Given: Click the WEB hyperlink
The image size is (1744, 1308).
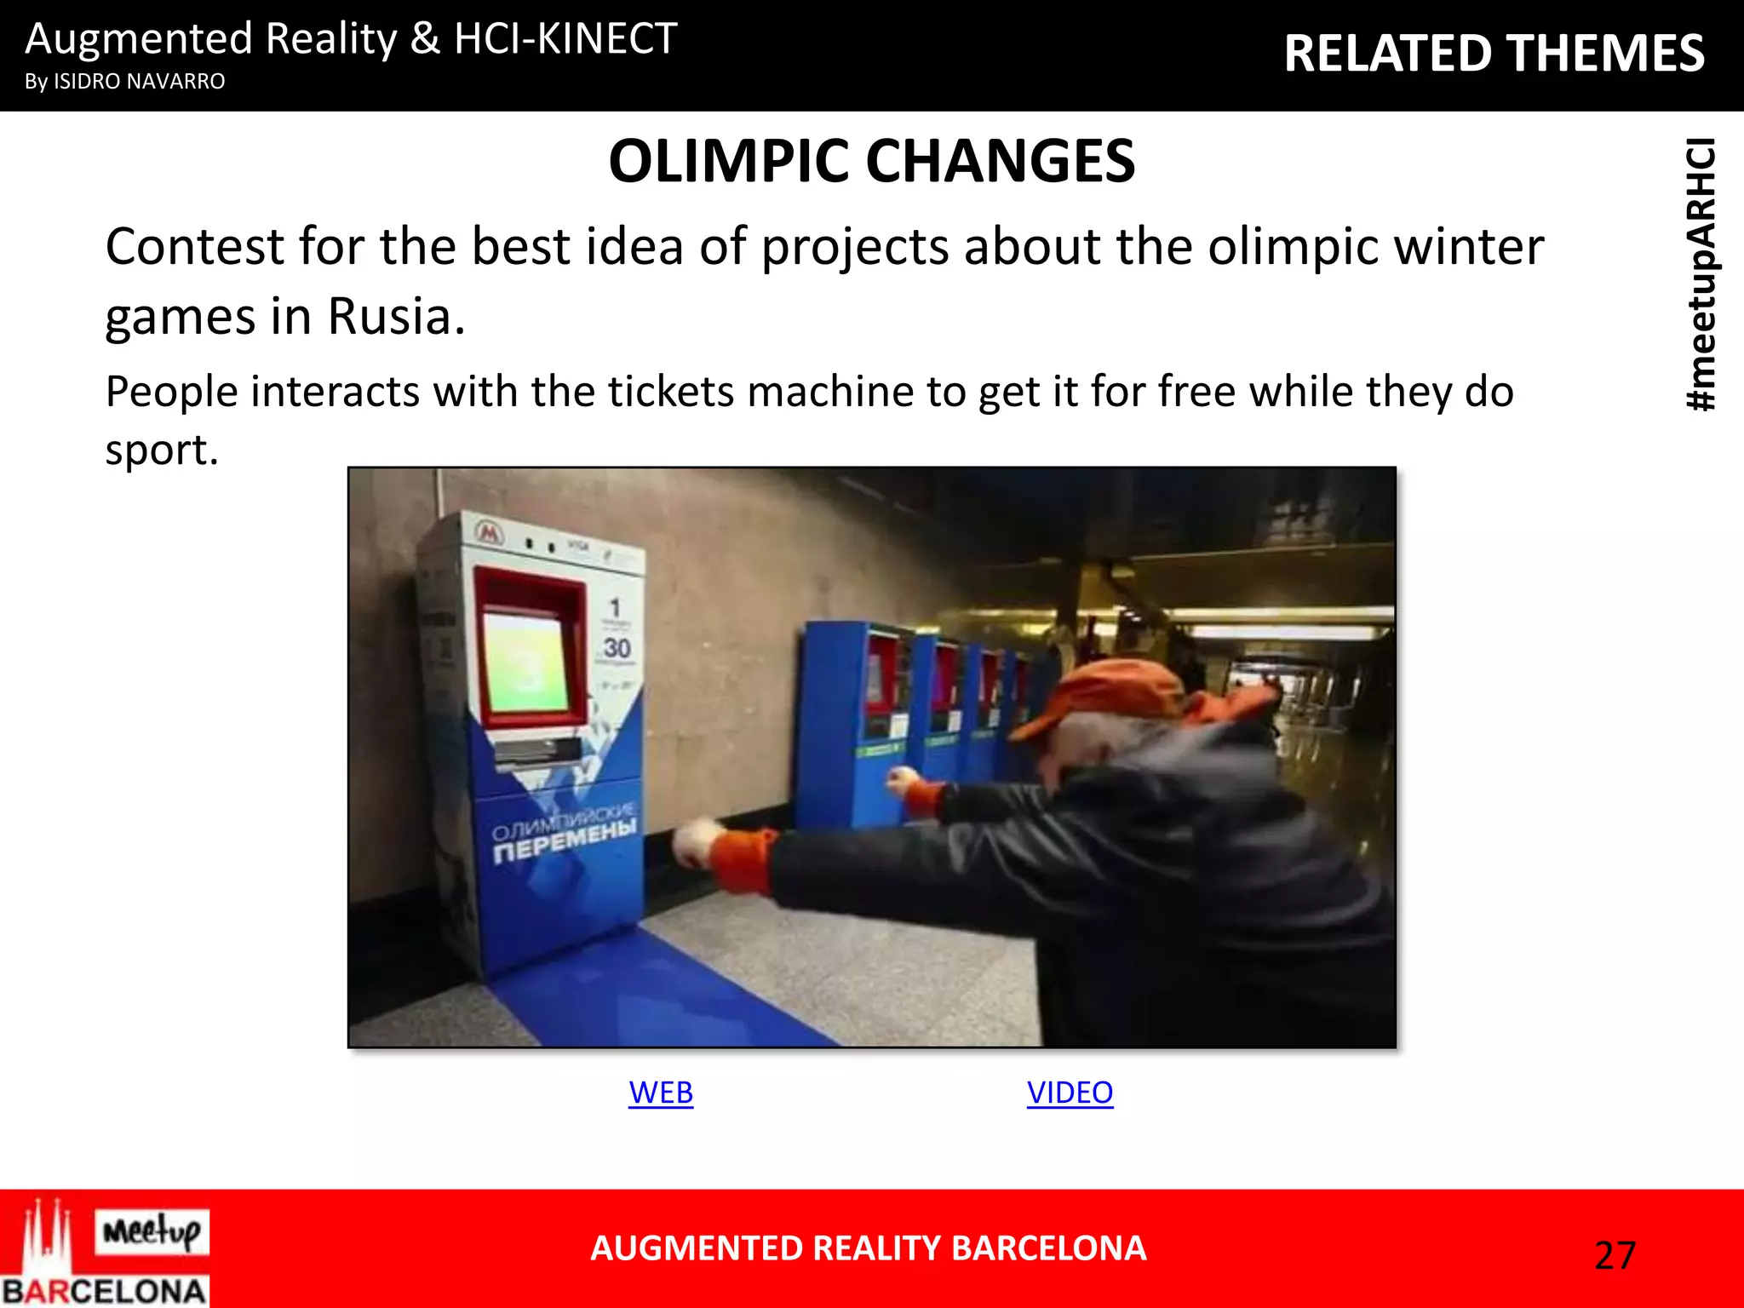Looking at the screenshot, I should click(661, 1093).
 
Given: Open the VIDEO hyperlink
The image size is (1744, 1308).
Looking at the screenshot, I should click(1070, 1093).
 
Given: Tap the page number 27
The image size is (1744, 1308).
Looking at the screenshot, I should click(1615, 1255).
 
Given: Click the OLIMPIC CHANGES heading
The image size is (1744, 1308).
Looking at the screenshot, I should click(871, 161).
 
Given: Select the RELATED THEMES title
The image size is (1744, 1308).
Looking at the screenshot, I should click(1494, 53).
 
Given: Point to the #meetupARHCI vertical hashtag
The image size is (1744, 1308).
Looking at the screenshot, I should click(1701, 274).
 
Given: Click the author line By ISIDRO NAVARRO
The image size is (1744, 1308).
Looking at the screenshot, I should click(125, 82).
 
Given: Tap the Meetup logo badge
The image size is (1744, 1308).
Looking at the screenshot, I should click(152, 1231).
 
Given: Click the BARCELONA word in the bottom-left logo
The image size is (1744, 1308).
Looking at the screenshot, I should click(104, 1291).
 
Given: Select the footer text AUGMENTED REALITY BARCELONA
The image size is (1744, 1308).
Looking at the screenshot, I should click(868, 1248).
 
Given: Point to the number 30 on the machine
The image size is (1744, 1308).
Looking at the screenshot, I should click(617, 649).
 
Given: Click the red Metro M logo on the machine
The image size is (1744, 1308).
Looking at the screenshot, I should click(490, 534).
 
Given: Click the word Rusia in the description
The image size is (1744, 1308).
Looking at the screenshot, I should click(396, 316).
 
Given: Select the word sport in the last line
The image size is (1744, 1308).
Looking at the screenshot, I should click(160, 449).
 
